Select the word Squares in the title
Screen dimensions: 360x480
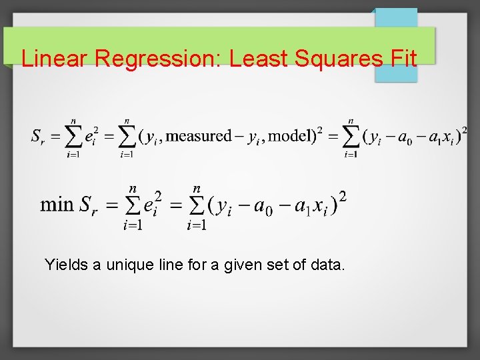click(334, 59)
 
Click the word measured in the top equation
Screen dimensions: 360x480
click(197, 136)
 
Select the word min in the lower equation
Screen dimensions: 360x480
click(57, 203)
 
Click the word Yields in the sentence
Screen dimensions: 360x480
click(66, 265)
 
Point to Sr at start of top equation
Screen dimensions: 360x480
click(39, 137)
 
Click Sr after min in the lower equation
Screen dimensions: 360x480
click(89, 205)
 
